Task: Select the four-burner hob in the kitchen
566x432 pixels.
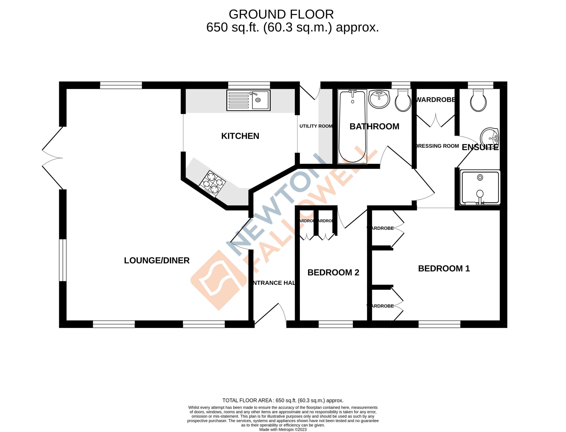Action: [212, 184]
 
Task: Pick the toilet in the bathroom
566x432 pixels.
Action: [403, 101]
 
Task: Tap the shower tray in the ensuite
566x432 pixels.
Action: [480, 187]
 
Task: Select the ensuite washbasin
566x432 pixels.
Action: [489, 138]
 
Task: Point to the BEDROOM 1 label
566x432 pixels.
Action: [444, 268]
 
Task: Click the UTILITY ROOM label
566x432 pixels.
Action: [316, 126]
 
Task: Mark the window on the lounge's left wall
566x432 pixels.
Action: [63, 260]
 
